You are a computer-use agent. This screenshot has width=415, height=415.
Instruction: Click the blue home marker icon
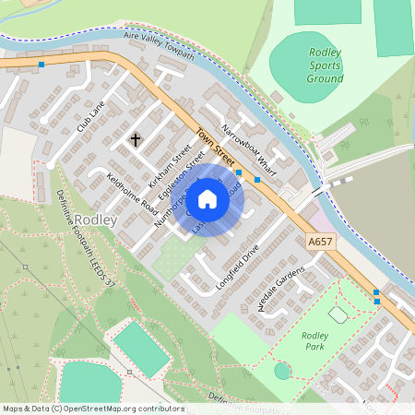[207, 199]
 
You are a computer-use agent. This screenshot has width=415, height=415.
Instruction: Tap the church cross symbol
[136, 140]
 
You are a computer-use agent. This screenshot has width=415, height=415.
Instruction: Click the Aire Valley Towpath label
[159, 47]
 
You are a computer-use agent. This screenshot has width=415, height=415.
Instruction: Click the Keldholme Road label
[133, 194]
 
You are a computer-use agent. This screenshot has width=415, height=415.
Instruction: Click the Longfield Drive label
[238, 258]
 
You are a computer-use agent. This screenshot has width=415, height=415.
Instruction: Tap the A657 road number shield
[319, 242]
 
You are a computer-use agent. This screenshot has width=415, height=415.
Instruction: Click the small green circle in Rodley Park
[282, 371]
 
